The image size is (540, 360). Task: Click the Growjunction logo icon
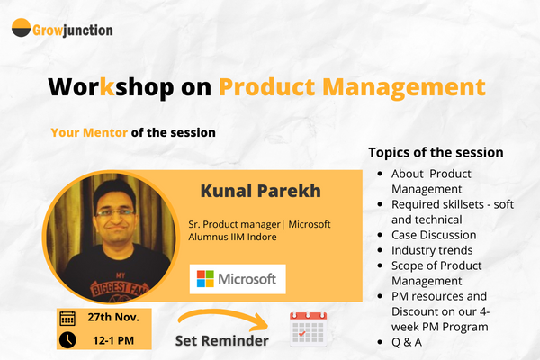22,29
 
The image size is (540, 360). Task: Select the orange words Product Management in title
352,87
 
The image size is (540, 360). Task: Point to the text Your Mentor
89,131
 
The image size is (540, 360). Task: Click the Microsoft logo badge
238,279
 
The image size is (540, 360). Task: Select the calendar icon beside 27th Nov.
67,318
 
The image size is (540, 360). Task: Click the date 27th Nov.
112,318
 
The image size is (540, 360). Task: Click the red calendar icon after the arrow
308,328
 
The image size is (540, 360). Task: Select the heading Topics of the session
436,152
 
